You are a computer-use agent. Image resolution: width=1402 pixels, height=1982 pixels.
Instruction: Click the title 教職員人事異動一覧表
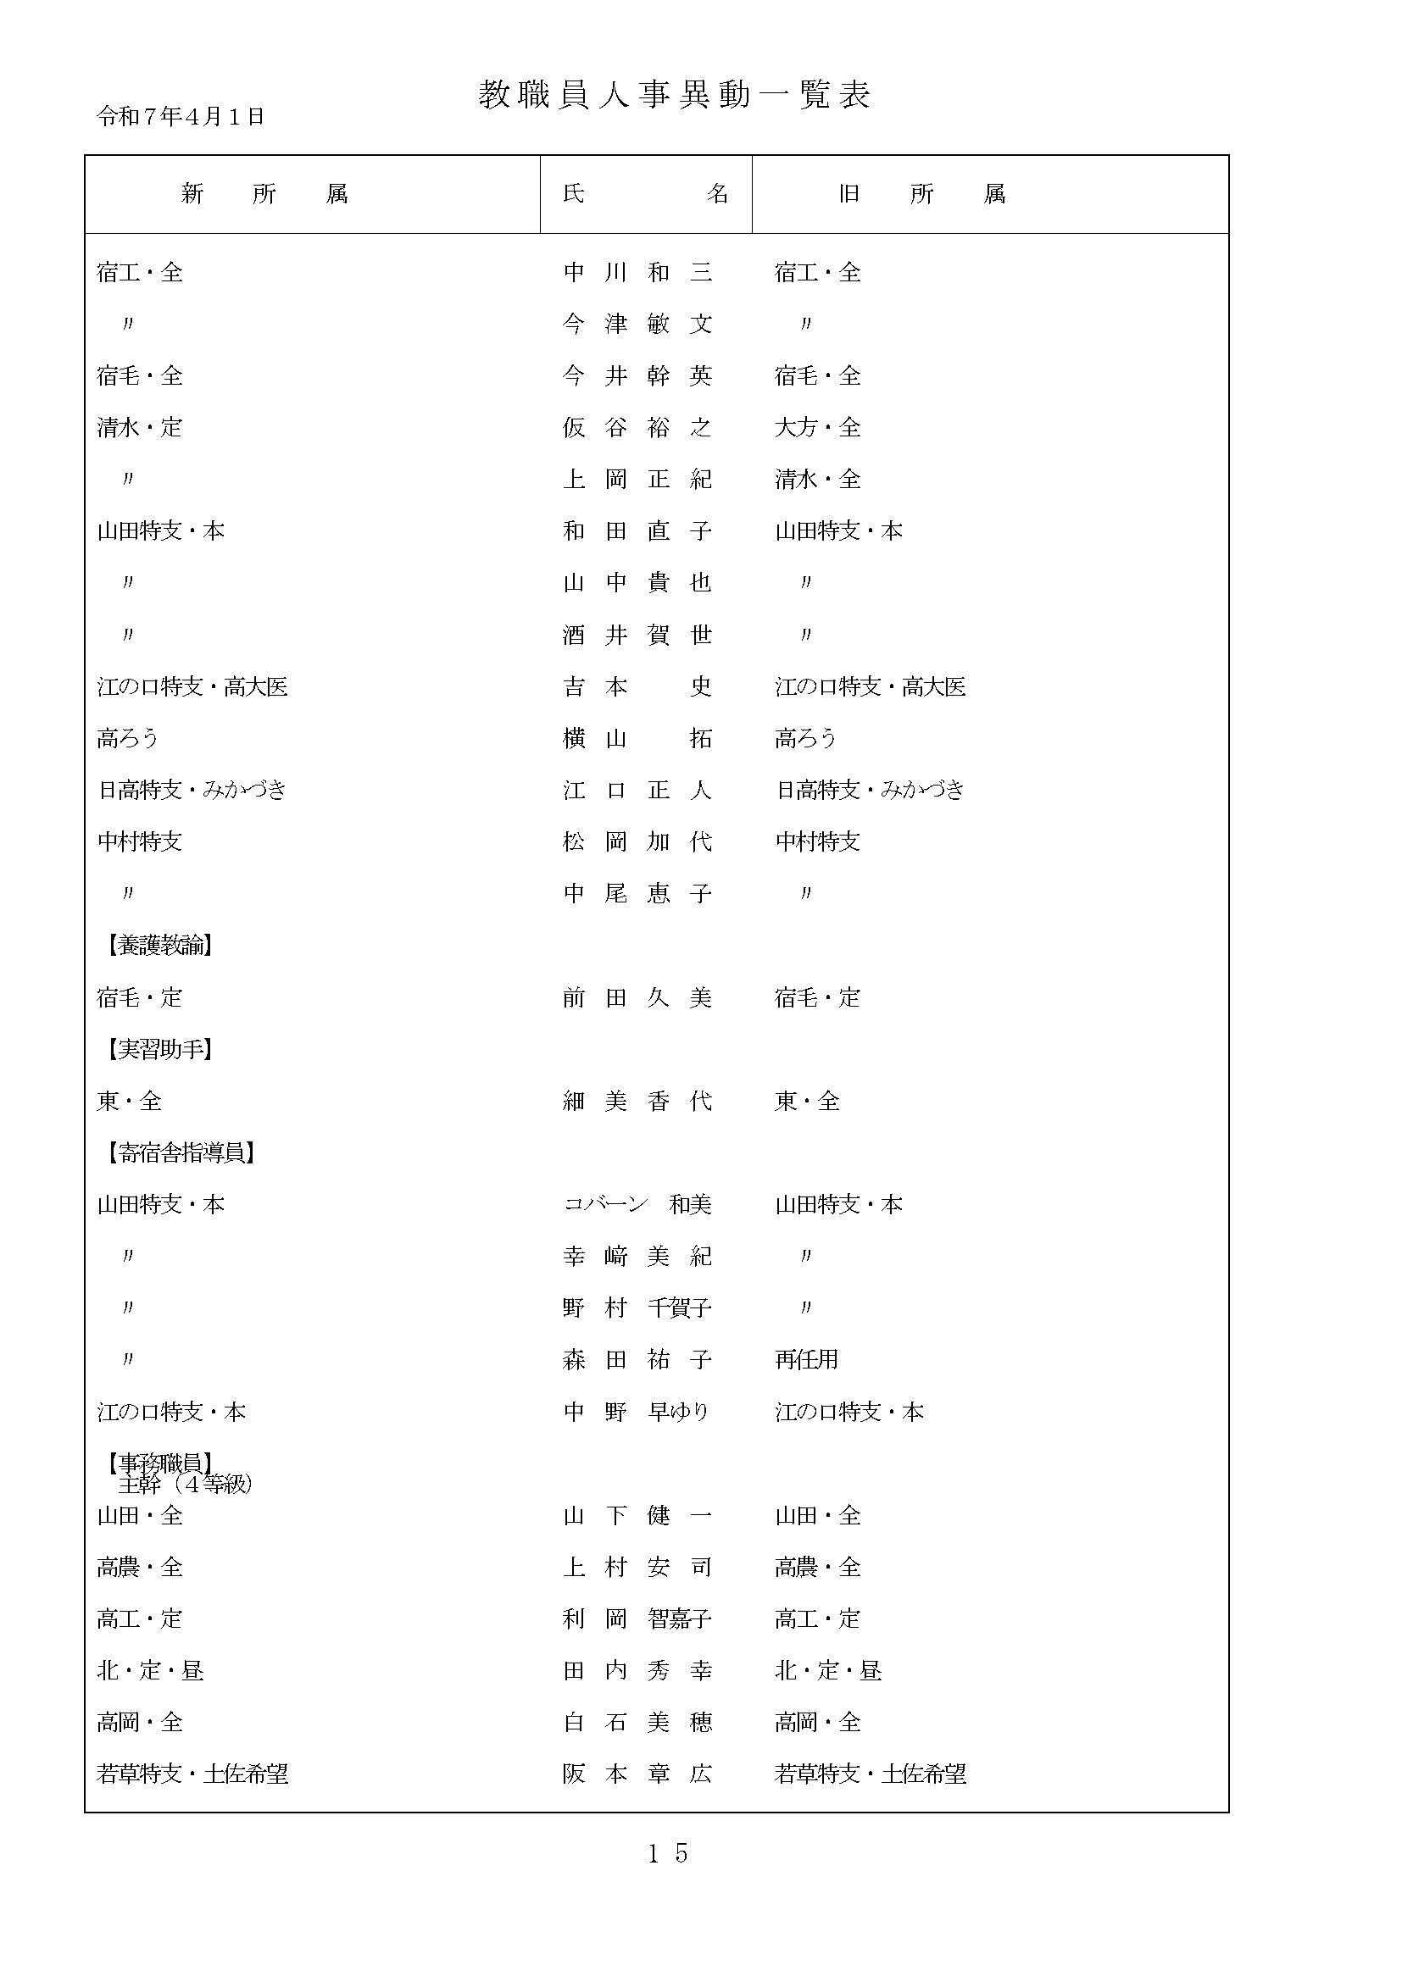674,95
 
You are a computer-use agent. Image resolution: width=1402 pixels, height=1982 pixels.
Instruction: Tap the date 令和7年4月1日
181,117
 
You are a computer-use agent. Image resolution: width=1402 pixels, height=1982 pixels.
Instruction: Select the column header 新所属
264,194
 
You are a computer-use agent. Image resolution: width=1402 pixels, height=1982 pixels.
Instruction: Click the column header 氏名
645,194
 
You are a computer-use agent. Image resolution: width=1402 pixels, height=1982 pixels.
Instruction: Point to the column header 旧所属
921,194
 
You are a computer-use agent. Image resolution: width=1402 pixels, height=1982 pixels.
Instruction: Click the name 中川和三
637,273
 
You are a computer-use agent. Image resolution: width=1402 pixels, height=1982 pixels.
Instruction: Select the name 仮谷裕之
637,427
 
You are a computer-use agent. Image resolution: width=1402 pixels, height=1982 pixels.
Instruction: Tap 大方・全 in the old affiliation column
817,427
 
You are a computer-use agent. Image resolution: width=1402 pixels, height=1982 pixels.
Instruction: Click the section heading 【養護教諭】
159,946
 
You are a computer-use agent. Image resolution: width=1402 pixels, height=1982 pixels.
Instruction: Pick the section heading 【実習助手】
159,1049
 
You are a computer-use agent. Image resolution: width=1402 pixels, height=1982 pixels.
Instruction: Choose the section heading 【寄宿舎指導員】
181,1152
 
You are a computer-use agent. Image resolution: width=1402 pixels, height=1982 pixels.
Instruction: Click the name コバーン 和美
637,1204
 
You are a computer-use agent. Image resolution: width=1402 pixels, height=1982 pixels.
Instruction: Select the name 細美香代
637,1101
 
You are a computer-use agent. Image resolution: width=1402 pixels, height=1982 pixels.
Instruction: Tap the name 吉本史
637,686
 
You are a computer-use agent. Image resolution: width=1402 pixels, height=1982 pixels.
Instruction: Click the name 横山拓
637,738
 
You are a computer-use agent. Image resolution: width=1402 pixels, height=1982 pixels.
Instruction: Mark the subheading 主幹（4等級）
185,1485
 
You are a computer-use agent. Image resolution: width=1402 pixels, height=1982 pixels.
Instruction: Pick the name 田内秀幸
637,1670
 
